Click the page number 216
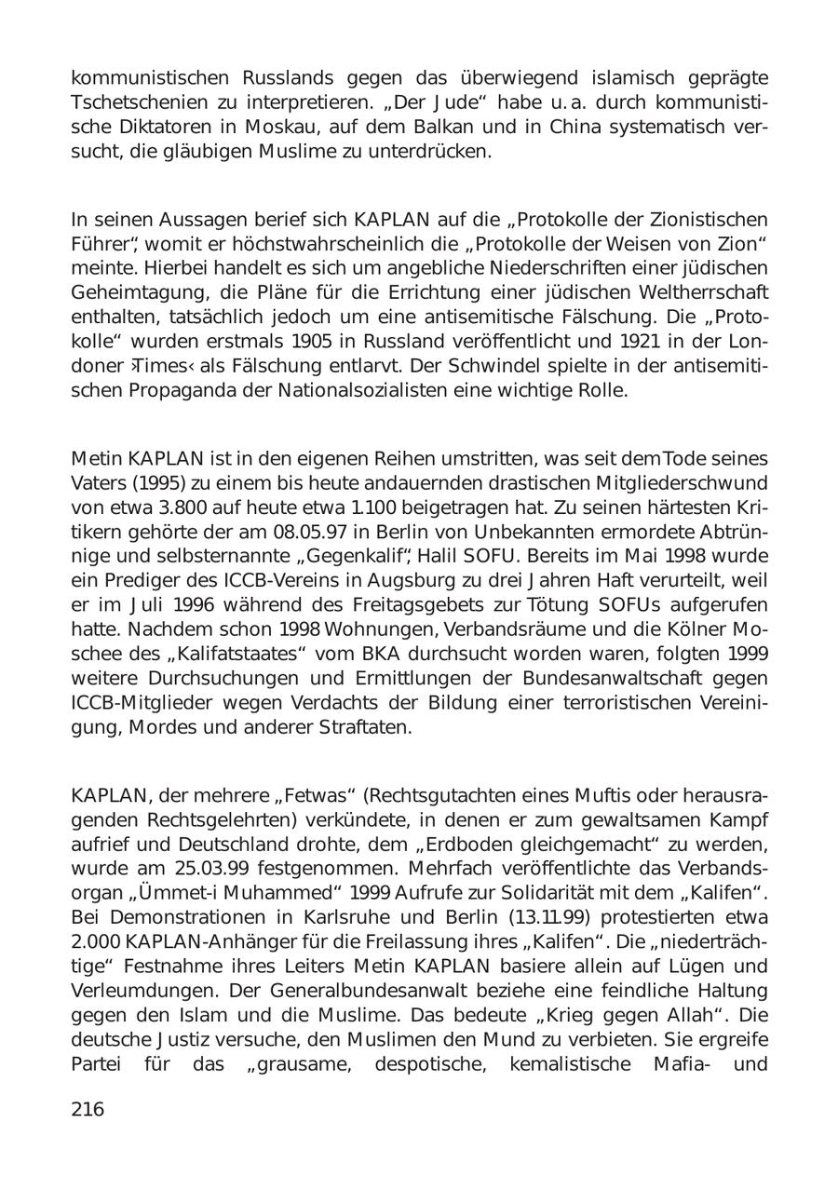pos(88,1109)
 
